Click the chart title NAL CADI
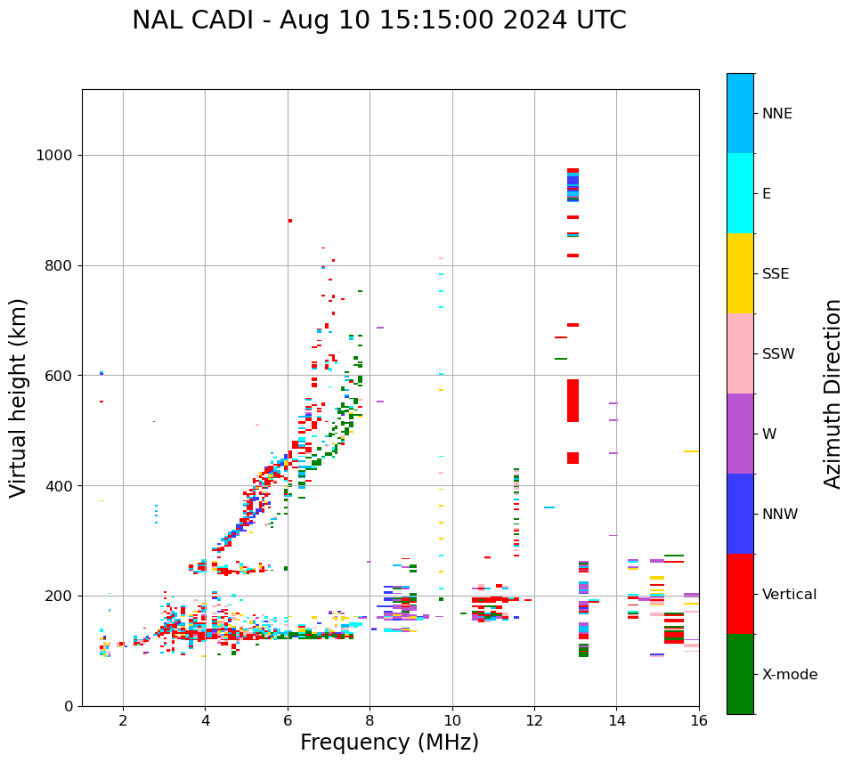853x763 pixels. click(378, 20)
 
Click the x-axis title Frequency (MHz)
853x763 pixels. click(389, 743)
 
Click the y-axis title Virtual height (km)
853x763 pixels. click(19, 398)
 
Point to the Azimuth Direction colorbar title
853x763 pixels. click(833, 394)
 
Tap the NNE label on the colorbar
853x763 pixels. click(777, 114)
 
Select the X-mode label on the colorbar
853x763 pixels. click(790, 675)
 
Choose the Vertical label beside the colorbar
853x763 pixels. click(788, 595)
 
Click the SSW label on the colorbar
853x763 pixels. click(778, 354)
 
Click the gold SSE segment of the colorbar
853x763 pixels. click(740, 273)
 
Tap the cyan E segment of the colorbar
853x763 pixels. click(740, 193)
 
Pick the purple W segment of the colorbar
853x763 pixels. click(740, 434)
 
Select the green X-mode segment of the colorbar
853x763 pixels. click(740, 674)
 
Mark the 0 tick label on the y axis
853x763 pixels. click(69, 706)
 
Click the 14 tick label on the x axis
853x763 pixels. click(617, 720)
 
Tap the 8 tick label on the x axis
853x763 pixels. click(370, 720)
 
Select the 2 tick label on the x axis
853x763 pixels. click(123, 720)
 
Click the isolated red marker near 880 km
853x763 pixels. click(290, 221)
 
